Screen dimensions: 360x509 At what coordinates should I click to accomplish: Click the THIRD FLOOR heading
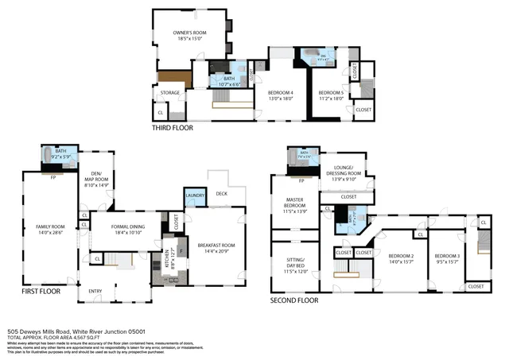click(172, 127)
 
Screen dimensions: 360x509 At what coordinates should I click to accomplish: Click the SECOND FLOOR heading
click(294, 300)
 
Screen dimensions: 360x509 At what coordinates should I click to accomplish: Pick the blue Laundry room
click(195, 196)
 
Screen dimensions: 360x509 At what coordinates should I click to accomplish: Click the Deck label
click(221, 193)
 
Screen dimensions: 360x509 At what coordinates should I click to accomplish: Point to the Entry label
click(95, 291)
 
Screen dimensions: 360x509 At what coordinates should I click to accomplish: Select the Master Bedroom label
click(294, 204)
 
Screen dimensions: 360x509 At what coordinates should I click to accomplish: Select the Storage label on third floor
click(170, 93)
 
